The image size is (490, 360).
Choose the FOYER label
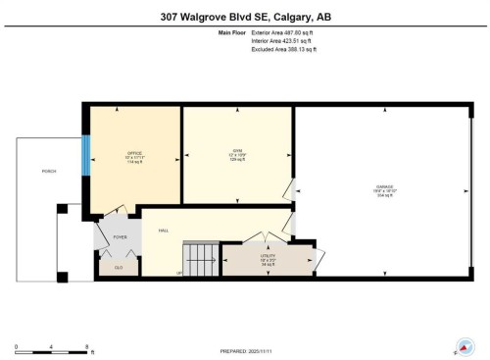coord(120,236)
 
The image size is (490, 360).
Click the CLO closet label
coord(119,267)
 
